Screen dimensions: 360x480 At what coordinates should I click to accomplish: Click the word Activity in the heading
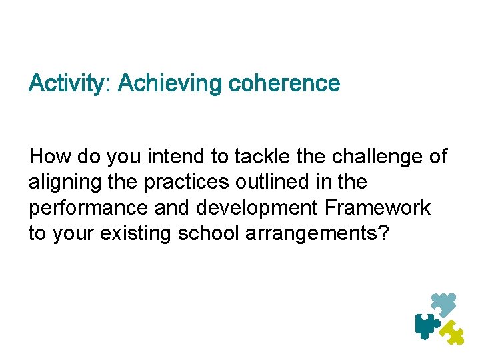click(70, 84)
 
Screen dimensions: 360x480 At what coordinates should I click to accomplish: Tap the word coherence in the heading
click(284, 84)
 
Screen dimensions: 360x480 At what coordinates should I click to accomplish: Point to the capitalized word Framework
click(378, 208)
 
